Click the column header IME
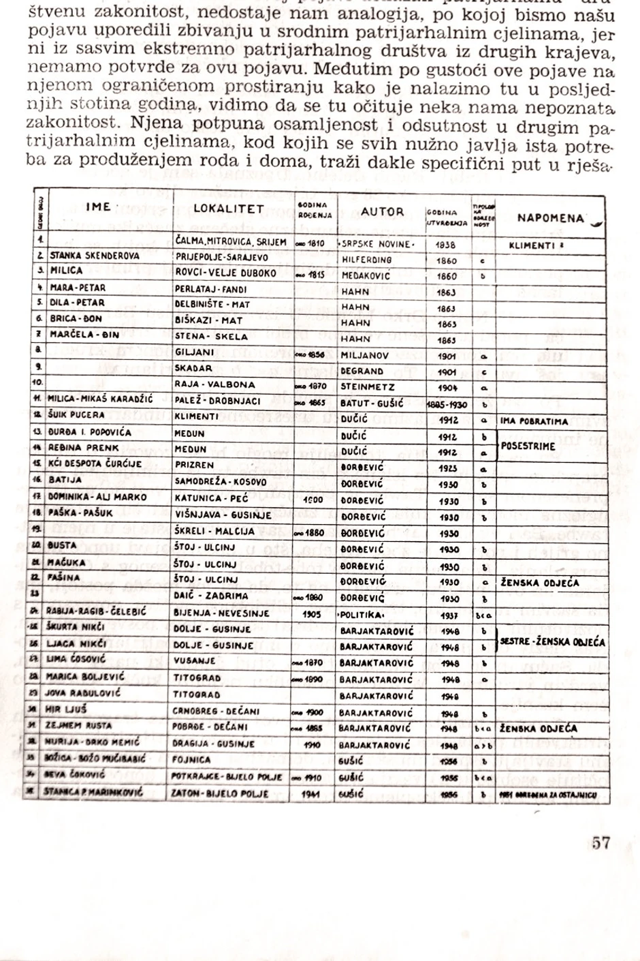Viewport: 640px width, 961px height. [99, 207]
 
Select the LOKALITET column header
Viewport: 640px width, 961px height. [228, 209]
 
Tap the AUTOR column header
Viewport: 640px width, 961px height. [382, 212]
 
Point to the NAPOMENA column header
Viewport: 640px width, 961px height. [550, 218]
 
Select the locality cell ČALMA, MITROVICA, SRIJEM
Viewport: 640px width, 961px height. [231, 242]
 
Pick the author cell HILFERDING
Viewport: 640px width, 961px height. [367, 260]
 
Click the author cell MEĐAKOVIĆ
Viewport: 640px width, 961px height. [366, 276]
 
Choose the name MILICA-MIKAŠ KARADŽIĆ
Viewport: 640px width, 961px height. [100, 399]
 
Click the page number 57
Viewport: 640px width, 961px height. [601, 842]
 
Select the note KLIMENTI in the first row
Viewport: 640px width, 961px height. [535, 245]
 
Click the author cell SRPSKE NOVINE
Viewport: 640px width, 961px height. [376, 244]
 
